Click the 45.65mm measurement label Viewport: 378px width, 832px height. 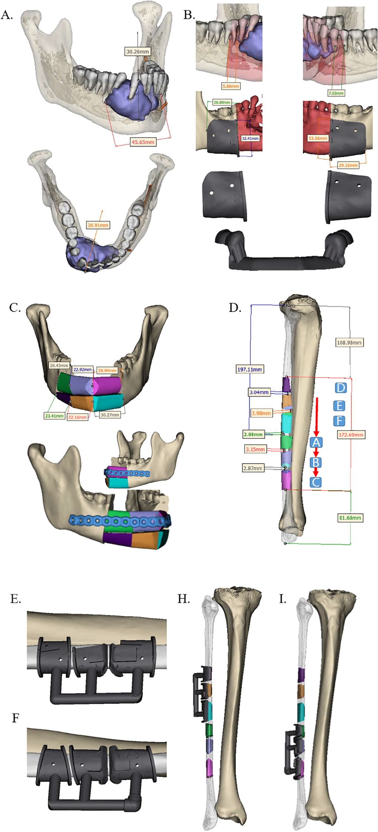pyautogui.click(x=143, y=142)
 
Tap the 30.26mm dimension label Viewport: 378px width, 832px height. pyautogui.click(x=137, y=52)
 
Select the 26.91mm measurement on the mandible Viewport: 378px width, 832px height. pyautogui.click(x=98, y=225)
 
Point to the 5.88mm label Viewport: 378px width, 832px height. pyautogui.click(x=231, y=86)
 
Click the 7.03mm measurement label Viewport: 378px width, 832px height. pyautogui.click(x=336, y=93)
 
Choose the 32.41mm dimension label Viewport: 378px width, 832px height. pyautogui.click(x=250, y=138)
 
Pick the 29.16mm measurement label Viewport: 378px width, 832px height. pyautogui.click(x=348, y=165)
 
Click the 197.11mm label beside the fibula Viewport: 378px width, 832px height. pyautogui.click(x=250, y=369)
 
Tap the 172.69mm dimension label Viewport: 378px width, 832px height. pyautogui.click(x=351, y=434)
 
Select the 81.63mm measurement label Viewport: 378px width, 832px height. pyautogui.click(x=350, y=518)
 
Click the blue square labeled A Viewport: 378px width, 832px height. pyautogui.click(x=316, y=442)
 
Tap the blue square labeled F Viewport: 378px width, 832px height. pyautogui.click(x=339, y=421)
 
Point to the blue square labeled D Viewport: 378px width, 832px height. pyautogui.click(x=340, y=388)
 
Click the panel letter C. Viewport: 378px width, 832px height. pyautogui.click(x=14, y=308)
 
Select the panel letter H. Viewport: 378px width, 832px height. pyautogui.click(x=183, y=599)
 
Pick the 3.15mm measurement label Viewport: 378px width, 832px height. pyautogui.click(x=255, y=449)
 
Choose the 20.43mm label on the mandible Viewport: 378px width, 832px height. pyautogui.click(x=59, y=365)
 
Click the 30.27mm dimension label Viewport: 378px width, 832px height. pyautogui.click(x=110, y=415)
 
